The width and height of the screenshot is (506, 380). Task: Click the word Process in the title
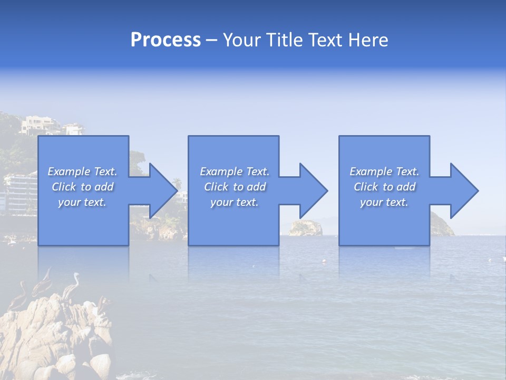(166, 40)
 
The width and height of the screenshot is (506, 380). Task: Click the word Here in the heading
(368, 40)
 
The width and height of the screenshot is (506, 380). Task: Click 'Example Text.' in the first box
(82, 172)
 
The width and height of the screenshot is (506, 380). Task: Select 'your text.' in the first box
(82, 202)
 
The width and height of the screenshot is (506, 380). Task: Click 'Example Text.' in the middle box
(235, 172)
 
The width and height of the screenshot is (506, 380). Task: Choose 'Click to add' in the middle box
(235, 187)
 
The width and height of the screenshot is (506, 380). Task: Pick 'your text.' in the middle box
(235, 202)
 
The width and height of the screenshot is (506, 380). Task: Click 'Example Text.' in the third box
(384, 172)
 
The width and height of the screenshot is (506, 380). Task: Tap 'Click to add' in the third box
(384, 187)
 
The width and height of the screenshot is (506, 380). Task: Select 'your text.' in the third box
(384, 202)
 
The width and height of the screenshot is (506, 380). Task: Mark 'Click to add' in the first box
(82, 187)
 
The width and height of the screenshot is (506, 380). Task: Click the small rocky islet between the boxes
(306, 228)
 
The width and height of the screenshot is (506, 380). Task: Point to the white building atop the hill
(40, 125)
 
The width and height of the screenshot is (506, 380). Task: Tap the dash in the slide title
(211, 40)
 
